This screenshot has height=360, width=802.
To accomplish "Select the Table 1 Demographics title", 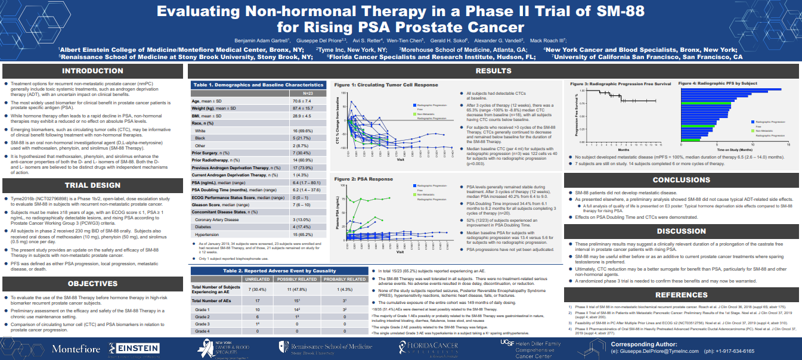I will [x=258, y=85].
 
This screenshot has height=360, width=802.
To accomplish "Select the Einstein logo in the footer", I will [x=134, y=348].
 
